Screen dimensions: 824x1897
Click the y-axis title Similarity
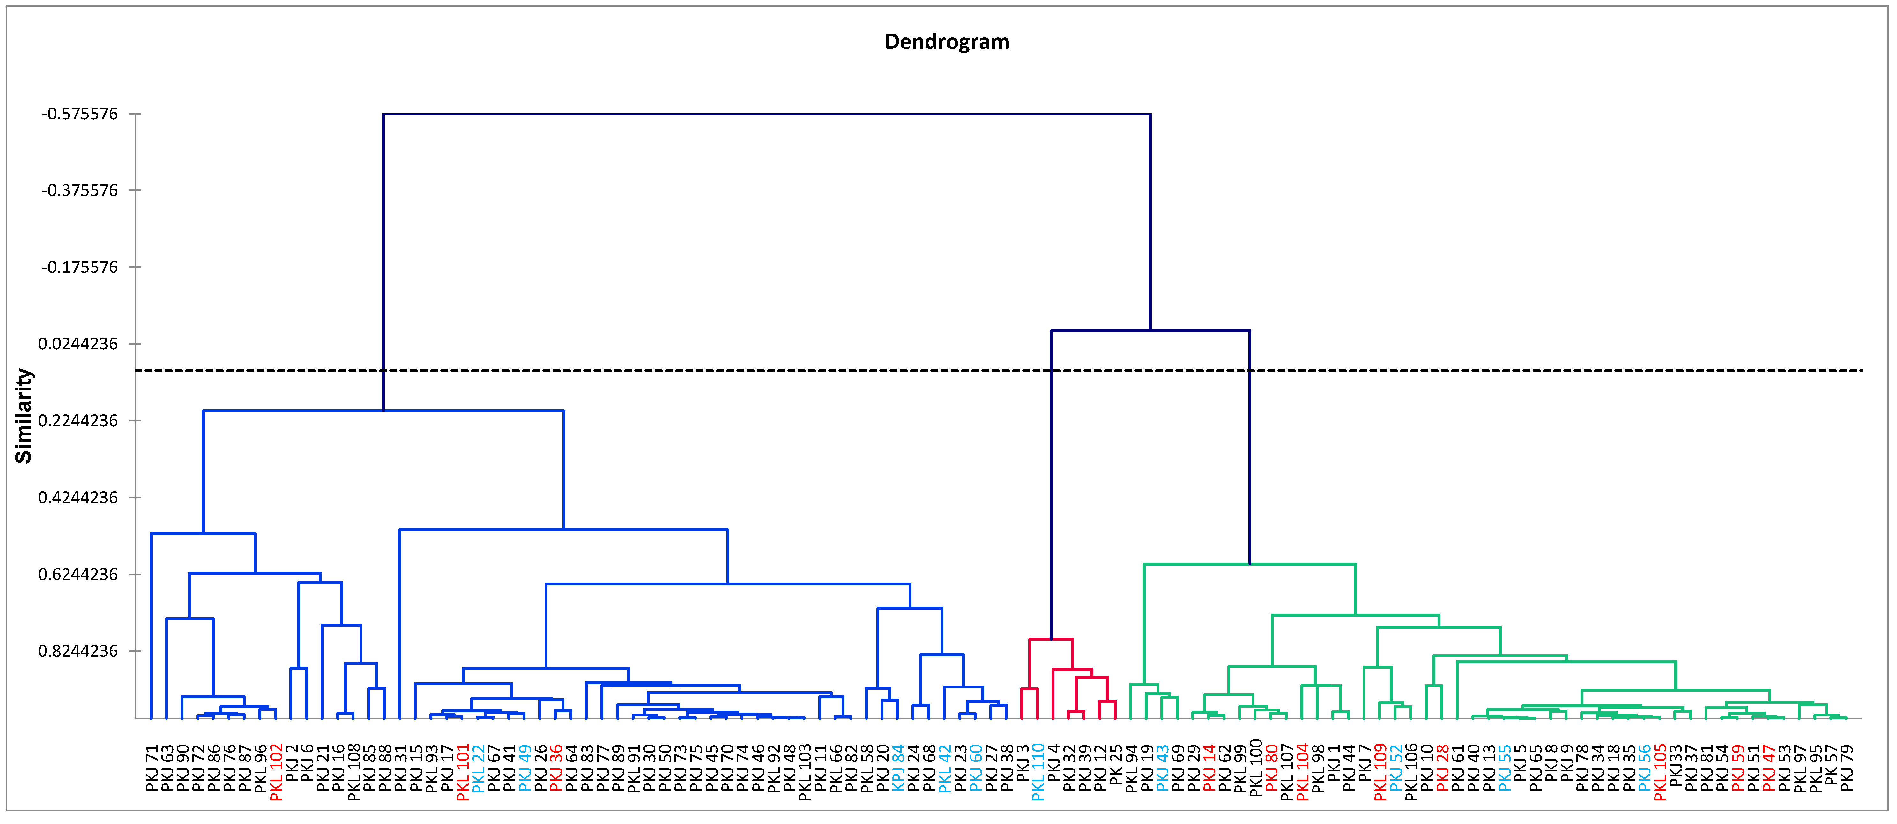click(24, 416)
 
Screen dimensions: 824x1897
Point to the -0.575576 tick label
click(79, 114)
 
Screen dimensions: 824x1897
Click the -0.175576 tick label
click(79, 267)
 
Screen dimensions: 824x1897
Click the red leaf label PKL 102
click(276, 772)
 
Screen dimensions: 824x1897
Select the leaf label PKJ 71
click(152, 768)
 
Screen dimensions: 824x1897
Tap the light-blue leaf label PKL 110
click(1038, 772)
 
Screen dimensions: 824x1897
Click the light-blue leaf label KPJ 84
click(898, 768)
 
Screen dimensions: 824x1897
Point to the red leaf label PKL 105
click(1660, 772)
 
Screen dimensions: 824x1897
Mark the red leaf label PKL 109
click(1380, 772)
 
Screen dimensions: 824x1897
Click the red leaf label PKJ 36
click(556, 768)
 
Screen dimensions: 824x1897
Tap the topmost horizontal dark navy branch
click(766, 114)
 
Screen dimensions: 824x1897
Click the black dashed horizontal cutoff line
click(736, 370)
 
